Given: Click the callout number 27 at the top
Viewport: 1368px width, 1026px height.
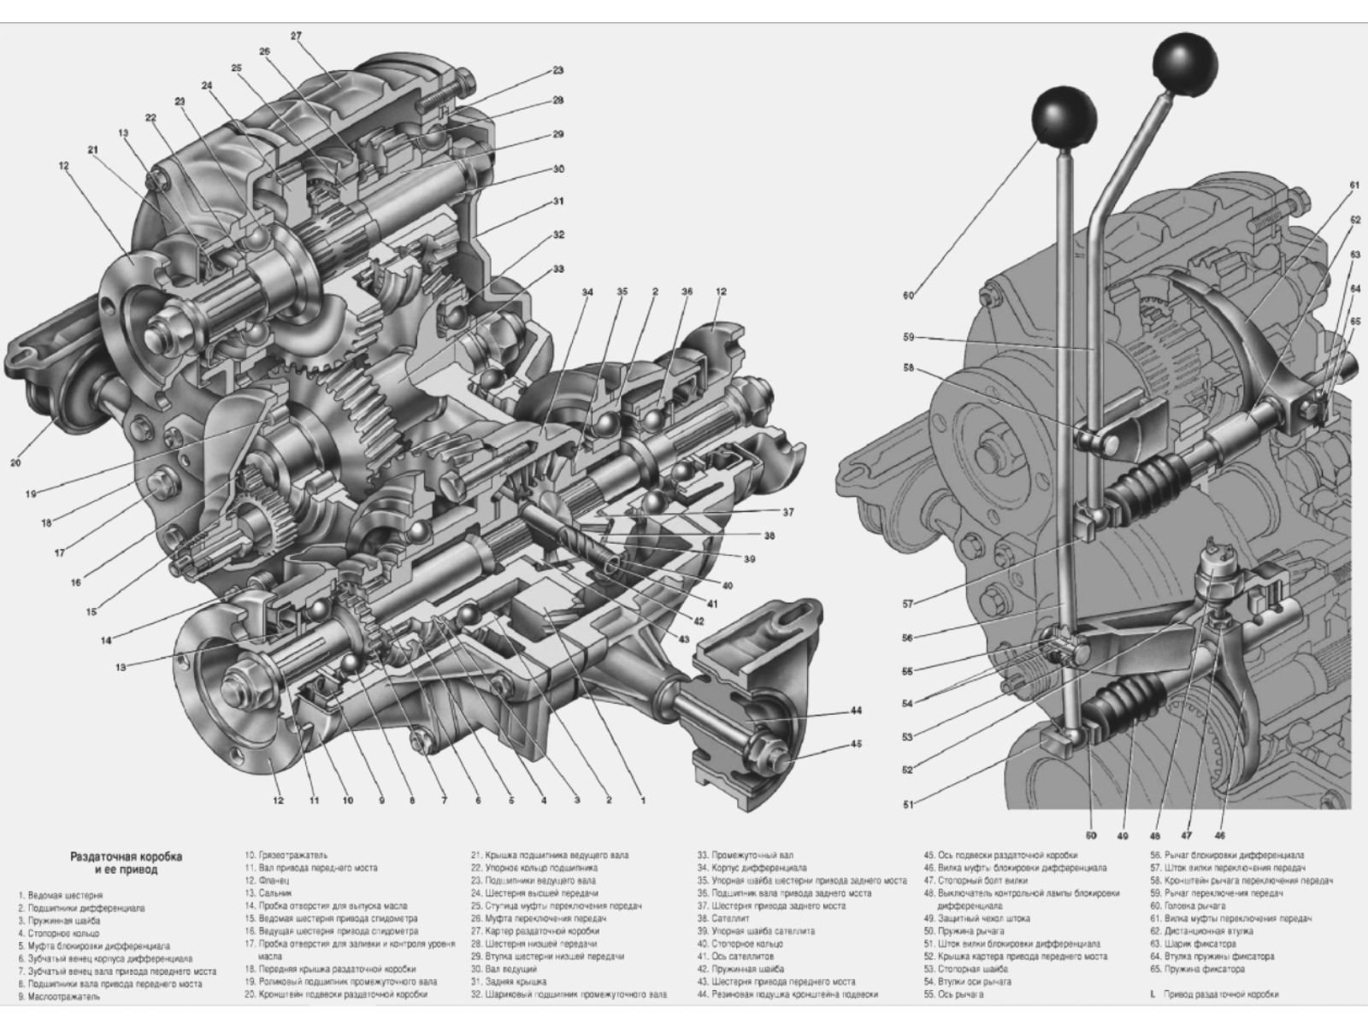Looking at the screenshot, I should tap(297, 36).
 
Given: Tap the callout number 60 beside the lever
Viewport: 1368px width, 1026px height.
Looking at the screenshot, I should tap(907, 296).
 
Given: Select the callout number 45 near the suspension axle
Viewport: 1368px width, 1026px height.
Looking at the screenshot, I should tap(857, 743).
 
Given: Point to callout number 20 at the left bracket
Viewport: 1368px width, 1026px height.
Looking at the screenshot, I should tap(15, 463).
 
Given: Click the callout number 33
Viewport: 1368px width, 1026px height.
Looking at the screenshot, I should tap(558, 268).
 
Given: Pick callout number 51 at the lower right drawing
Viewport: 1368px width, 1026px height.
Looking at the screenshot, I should tap(907, 804).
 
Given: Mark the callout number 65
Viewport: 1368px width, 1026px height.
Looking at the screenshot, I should tap(1355, 321).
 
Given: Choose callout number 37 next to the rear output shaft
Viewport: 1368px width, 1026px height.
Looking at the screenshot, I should tap(787, 512).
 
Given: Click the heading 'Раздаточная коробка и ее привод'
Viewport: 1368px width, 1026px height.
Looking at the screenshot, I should tap(127, 863).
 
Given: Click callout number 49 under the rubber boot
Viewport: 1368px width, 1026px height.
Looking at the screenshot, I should tap(1122, 835).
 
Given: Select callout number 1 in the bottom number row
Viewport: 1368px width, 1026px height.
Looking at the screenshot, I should tap(643, 800).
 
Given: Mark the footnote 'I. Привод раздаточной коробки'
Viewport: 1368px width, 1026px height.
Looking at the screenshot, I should tap(1215, 994).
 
